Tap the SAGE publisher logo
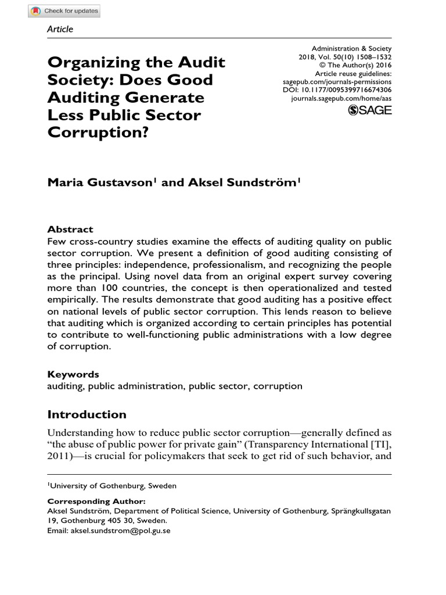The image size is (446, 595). coord(370,110)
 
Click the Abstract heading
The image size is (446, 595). coord(70,229)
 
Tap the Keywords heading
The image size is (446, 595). coord(73,374)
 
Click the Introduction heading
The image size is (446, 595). coord(87,414)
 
